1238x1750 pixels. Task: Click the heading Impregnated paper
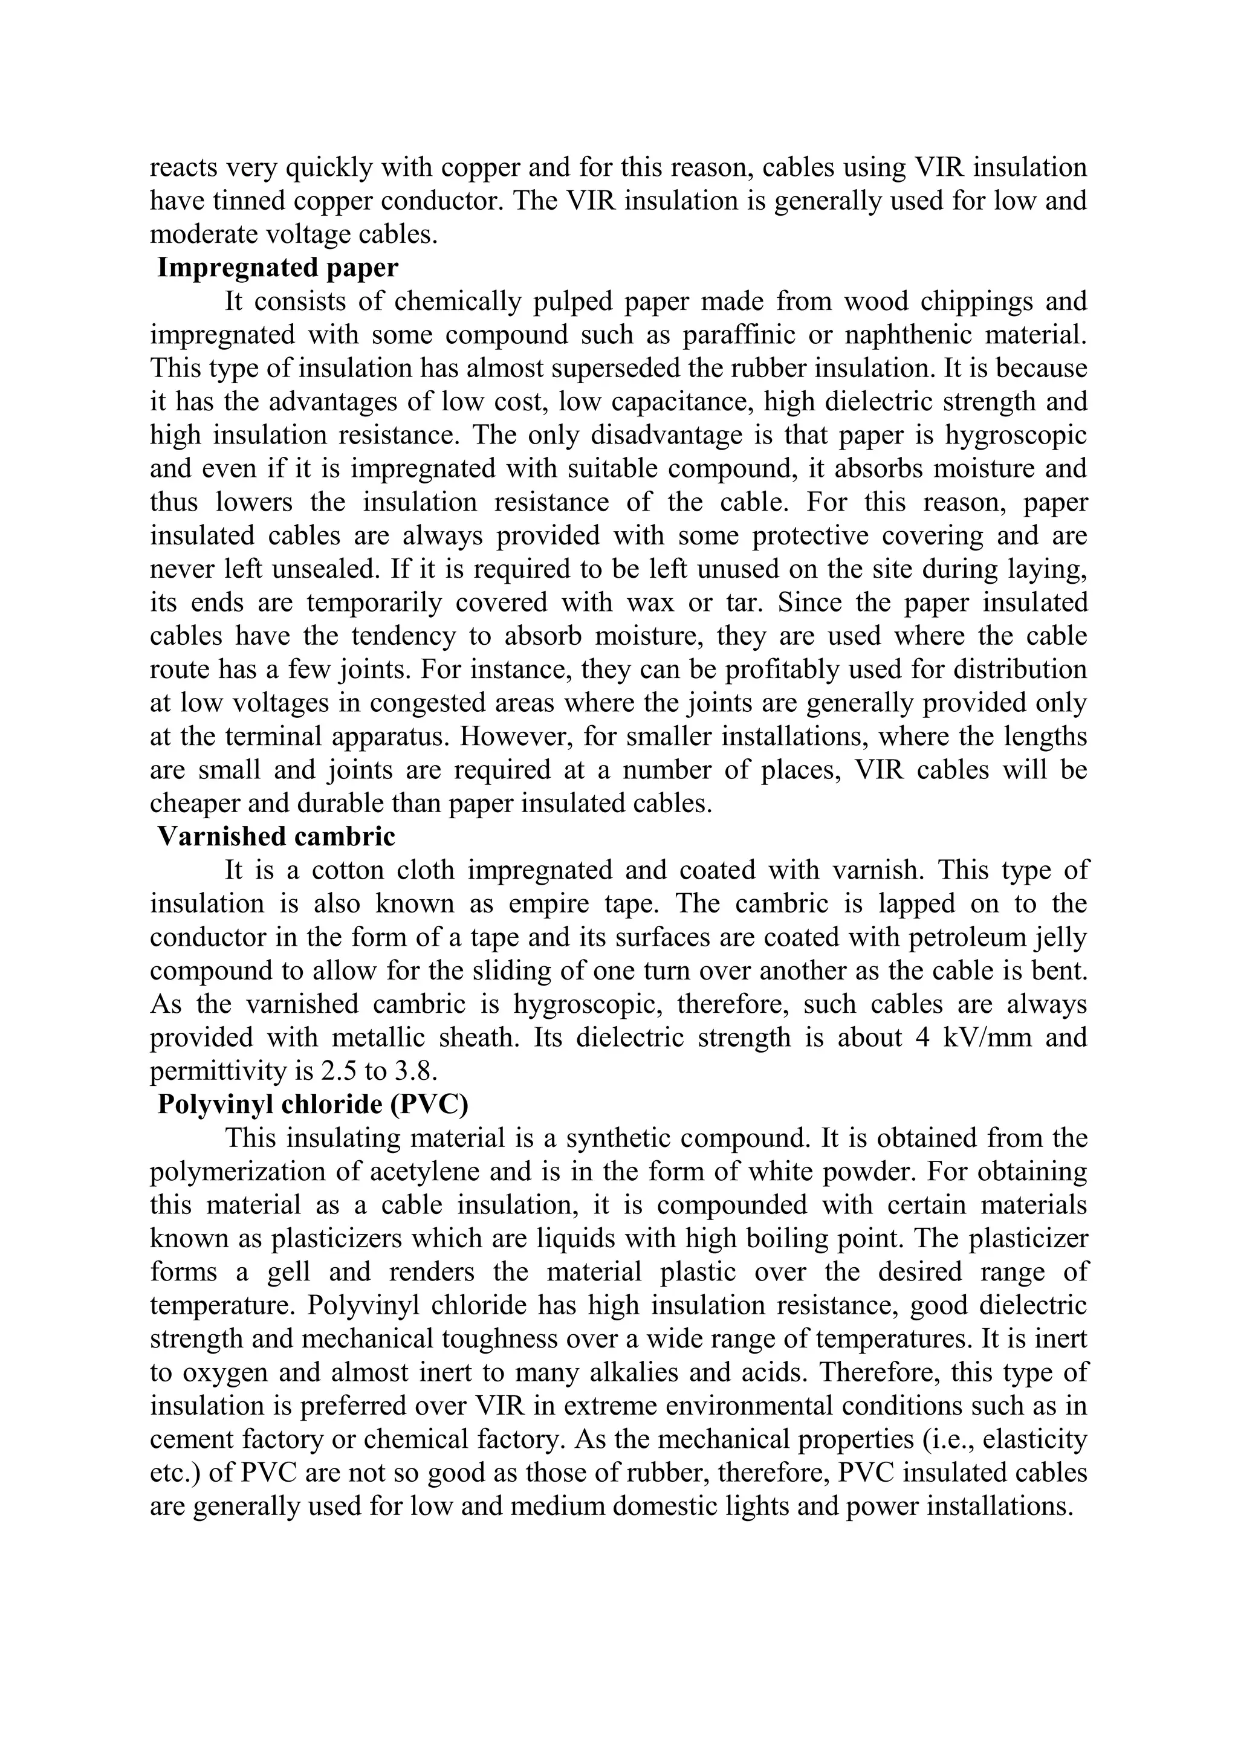coord(277,268)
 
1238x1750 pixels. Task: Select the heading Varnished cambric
coord(276,837)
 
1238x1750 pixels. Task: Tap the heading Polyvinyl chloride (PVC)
coord(313,1105)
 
